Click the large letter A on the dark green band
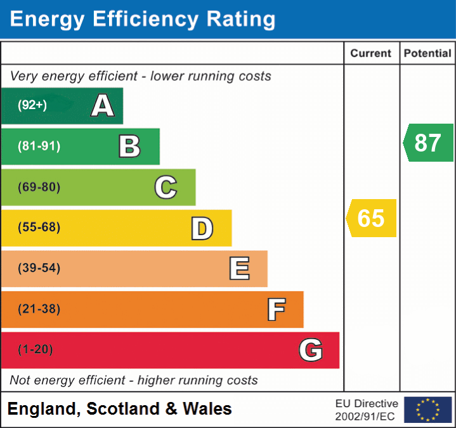(103, 106)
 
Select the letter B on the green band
(129, 146)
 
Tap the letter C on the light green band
(166, 187)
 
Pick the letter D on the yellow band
(202, 228)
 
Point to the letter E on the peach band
(238, 269)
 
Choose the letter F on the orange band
(275, 309)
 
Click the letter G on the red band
(311, 350)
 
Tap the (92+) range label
(32, 106)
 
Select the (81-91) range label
(39, 146)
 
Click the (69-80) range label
(39, 187)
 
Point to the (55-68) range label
(39, 228)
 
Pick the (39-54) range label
(39, 268)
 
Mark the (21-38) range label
(39, 309)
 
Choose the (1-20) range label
(36, 349)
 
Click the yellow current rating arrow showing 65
(372, 218)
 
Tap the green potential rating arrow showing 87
(429, 143)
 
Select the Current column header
(371, 54)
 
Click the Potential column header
(427, 54)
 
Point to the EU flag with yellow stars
(427, 410)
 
